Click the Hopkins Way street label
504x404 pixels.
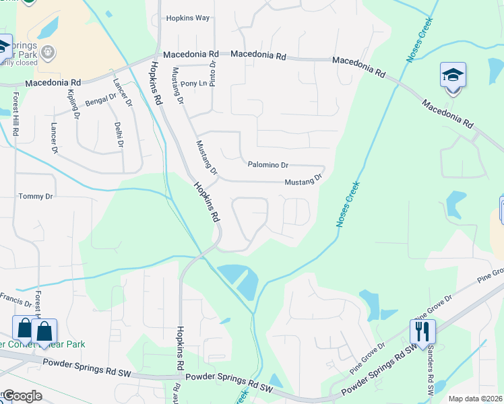pos(188,18)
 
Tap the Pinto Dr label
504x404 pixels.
pos(212,74)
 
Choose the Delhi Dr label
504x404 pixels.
pos(119,133)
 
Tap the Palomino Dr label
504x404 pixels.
pos(267,164)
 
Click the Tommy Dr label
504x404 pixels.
pos(35,196)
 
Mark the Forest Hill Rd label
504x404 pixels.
pos(15,114)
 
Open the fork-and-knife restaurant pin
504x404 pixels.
pos(422,331)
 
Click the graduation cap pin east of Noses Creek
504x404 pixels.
pos(453,76)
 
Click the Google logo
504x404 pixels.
pos(22,395)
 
